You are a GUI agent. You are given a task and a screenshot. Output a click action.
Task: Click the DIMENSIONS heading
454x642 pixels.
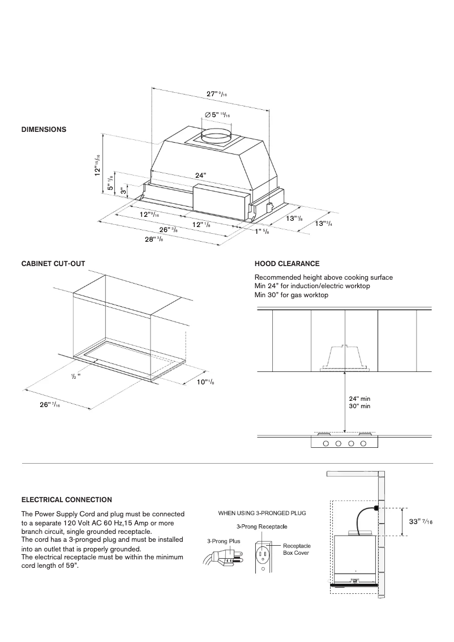tap(44, 130)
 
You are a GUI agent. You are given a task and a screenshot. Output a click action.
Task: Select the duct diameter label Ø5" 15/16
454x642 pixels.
tap(217, 114)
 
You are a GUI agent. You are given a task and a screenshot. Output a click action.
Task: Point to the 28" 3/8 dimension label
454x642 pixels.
tap(155, 239)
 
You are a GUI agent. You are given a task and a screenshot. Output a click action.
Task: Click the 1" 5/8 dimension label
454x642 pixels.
tap(262, 232)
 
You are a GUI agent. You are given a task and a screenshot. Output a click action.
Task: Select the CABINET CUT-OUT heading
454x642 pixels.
tap(53, 264)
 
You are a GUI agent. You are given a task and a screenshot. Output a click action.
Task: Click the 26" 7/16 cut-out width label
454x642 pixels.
tap(50, 404)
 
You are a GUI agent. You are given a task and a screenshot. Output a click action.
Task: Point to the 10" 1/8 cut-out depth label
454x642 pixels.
tap(205, 383)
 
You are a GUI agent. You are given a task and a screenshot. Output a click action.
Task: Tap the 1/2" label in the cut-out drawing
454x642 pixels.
tap(76, 376)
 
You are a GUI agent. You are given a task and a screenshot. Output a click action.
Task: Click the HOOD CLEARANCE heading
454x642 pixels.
tap(287, 264)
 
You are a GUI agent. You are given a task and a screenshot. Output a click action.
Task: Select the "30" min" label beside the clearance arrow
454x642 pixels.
tap(359, 406)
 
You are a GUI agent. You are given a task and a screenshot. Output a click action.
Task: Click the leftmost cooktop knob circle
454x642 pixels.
tap(326, 443)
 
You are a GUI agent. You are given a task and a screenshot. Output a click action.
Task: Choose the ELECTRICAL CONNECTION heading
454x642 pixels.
tap(66, 500)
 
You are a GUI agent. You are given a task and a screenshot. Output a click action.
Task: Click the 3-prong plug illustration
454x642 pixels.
tap(218, 560)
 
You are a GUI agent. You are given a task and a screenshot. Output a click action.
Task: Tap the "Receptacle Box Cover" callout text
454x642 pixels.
tap(295, 549)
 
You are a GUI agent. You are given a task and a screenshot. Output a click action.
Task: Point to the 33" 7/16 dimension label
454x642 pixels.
tap(421, 521)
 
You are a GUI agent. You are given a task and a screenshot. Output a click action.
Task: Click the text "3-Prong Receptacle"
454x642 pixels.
tap(262, 527)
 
